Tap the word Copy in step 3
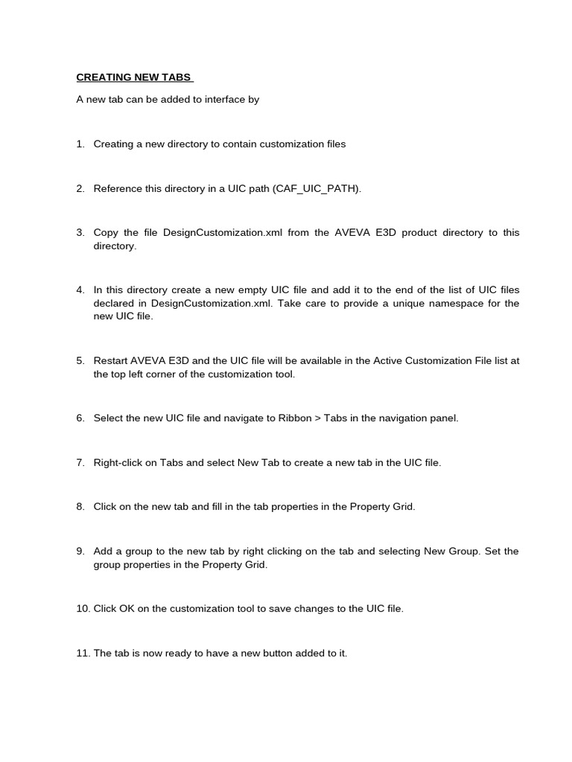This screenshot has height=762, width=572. [x=107, y=233]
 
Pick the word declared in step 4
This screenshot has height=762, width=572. [x=113, y=304]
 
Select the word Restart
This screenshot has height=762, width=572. [x=112, y=361]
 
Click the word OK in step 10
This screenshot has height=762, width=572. [x=127, y=609]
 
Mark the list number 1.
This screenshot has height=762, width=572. [x=80, y=144]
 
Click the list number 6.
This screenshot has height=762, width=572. [x=80, y=418]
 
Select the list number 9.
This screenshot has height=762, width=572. [x=80, y=551]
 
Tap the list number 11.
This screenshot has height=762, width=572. [x=82, y=653]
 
